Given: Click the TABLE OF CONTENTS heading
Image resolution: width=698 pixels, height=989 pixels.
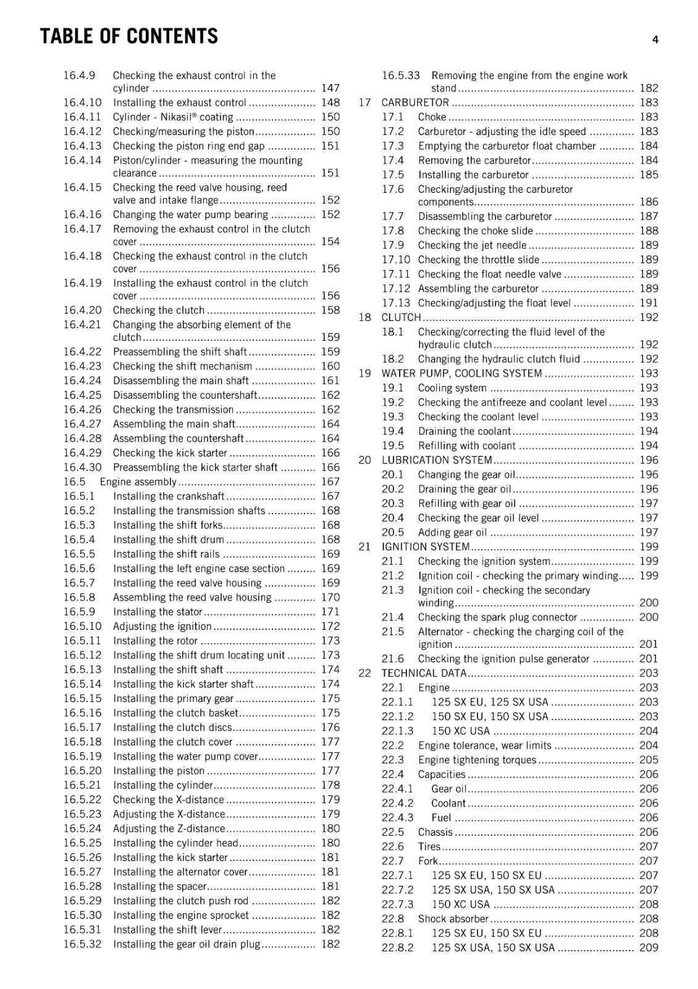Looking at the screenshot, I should tap(129, 36).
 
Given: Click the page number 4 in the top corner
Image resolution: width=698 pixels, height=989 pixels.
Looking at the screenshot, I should tap(655, 40).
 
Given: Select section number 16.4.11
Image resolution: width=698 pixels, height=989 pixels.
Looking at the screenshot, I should tap(82, 117).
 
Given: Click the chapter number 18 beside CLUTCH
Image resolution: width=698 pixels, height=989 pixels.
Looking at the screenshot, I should tap(365, 317).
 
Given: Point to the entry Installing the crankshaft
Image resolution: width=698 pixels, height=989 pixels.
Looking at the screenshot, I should tap(169, 496).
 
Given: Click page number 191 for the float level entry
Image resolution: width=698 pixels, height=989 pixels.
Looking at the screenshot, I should tap(649, 303).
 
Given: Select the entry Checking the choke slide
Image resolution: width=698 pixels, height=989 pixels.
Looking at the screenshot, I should tap(475, 231).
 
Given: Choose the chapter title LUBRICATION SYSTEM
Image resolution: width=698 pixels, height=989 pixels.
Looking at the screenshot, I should tap(437, 460).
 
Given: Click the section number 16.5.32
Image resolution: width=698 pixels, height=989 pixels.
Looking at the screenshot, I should tap(82, 944).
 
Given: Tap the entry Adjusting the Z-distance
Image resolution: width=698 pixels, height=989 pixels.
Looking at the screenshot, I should tap(169, 828).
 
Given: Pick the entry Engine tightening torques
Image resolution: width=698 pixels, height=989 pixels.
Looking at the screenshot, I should tap(477, 760).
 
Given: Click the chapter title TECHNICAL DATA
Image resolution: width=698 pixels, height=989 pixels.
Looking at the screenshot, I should tap(424, 673).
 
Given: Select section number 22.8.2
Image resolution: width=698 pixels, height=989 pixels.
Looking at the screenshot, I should tap(397, 948).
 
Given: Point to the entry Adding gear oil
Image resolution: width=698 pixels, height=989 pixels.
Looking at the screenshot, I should tap(452, 532).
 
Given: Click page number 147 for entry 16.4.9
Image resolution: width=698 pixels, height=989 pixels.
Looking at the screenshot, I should tap(330, 88).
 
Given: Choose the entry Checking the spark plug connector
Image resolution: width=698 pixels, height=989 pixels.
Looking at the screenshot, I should tap(497, 617).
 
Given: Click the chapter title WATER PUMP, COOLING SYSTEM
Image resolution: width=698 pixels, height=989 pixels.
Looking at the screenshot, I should tap(461, 373).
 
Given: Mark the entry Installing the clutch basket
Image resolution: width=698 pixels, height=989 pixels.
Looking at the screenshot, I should tap(175, 713).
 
